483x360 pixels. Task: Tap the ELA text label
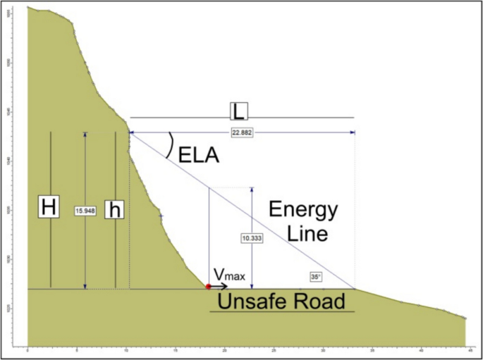(199, 155)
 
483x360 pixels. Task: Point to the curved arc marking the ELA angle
(170, 147)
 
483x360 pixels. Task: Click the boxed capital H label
(48, 208)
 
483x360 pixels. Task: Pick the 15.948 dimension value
(85, 210)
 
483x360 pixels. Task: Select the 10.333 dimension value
(252, 238)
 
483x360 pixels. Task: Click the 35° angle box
(315, 277)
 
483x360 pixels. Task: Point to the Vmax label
(230, 275)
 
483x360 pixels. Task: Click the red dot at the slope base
(208, 287)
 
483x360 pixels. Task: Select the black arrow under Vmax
(219, 287)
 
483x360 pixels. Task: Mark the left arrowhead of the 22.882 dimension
(132, 132)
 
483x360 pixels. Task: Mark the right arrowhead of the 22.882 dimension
(351, 132)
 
